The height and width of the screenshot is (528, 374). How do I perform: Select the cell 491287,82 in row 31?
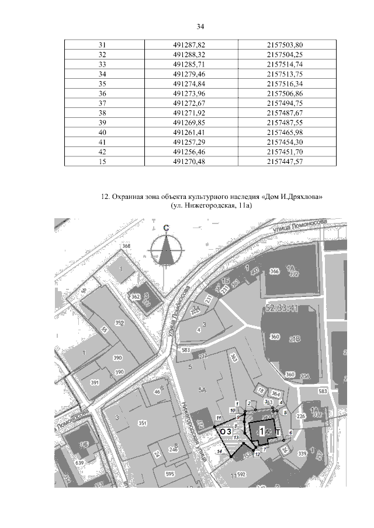point(190,45)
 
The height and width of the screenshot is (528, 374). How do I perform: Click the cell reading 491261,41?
point(190,132)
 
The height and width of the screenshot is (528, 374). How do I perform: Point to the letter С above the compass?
point(167,228)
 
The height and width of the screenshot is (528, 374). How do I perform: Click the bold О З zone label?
point(227,431)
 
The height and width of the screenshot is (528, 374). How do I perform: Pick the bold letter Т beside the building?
point(278,432)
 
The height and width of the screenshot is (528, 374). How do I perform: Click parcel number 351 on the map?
point(141,424)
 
